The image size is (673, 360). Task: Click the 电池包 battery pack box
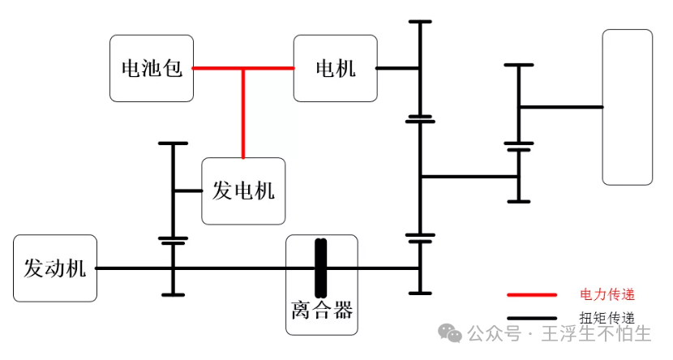[x=152, y=68]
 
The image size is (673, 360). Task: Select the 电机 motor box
[x=335, y=68]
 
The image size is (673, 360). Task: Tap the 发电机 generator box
[x=243, y=191]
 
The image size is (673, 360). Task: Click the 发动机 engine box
[x=54, y=268]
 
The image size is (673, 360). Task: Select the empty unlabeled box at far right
[x=627, y=107]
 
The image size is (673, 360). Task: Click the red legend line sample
[x=531, y=295]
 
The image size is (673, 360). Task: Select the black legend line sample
[x=531, y=318]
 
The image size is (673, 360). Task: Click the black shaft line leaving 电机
[x=397, y=69]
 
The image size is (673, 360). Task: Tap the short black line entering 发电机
[x=187, y=191]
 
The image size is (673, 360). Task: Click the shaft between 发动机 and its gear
[x=134, y=268]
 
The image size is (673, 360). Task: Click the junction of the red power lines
[x=242, y=69]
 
